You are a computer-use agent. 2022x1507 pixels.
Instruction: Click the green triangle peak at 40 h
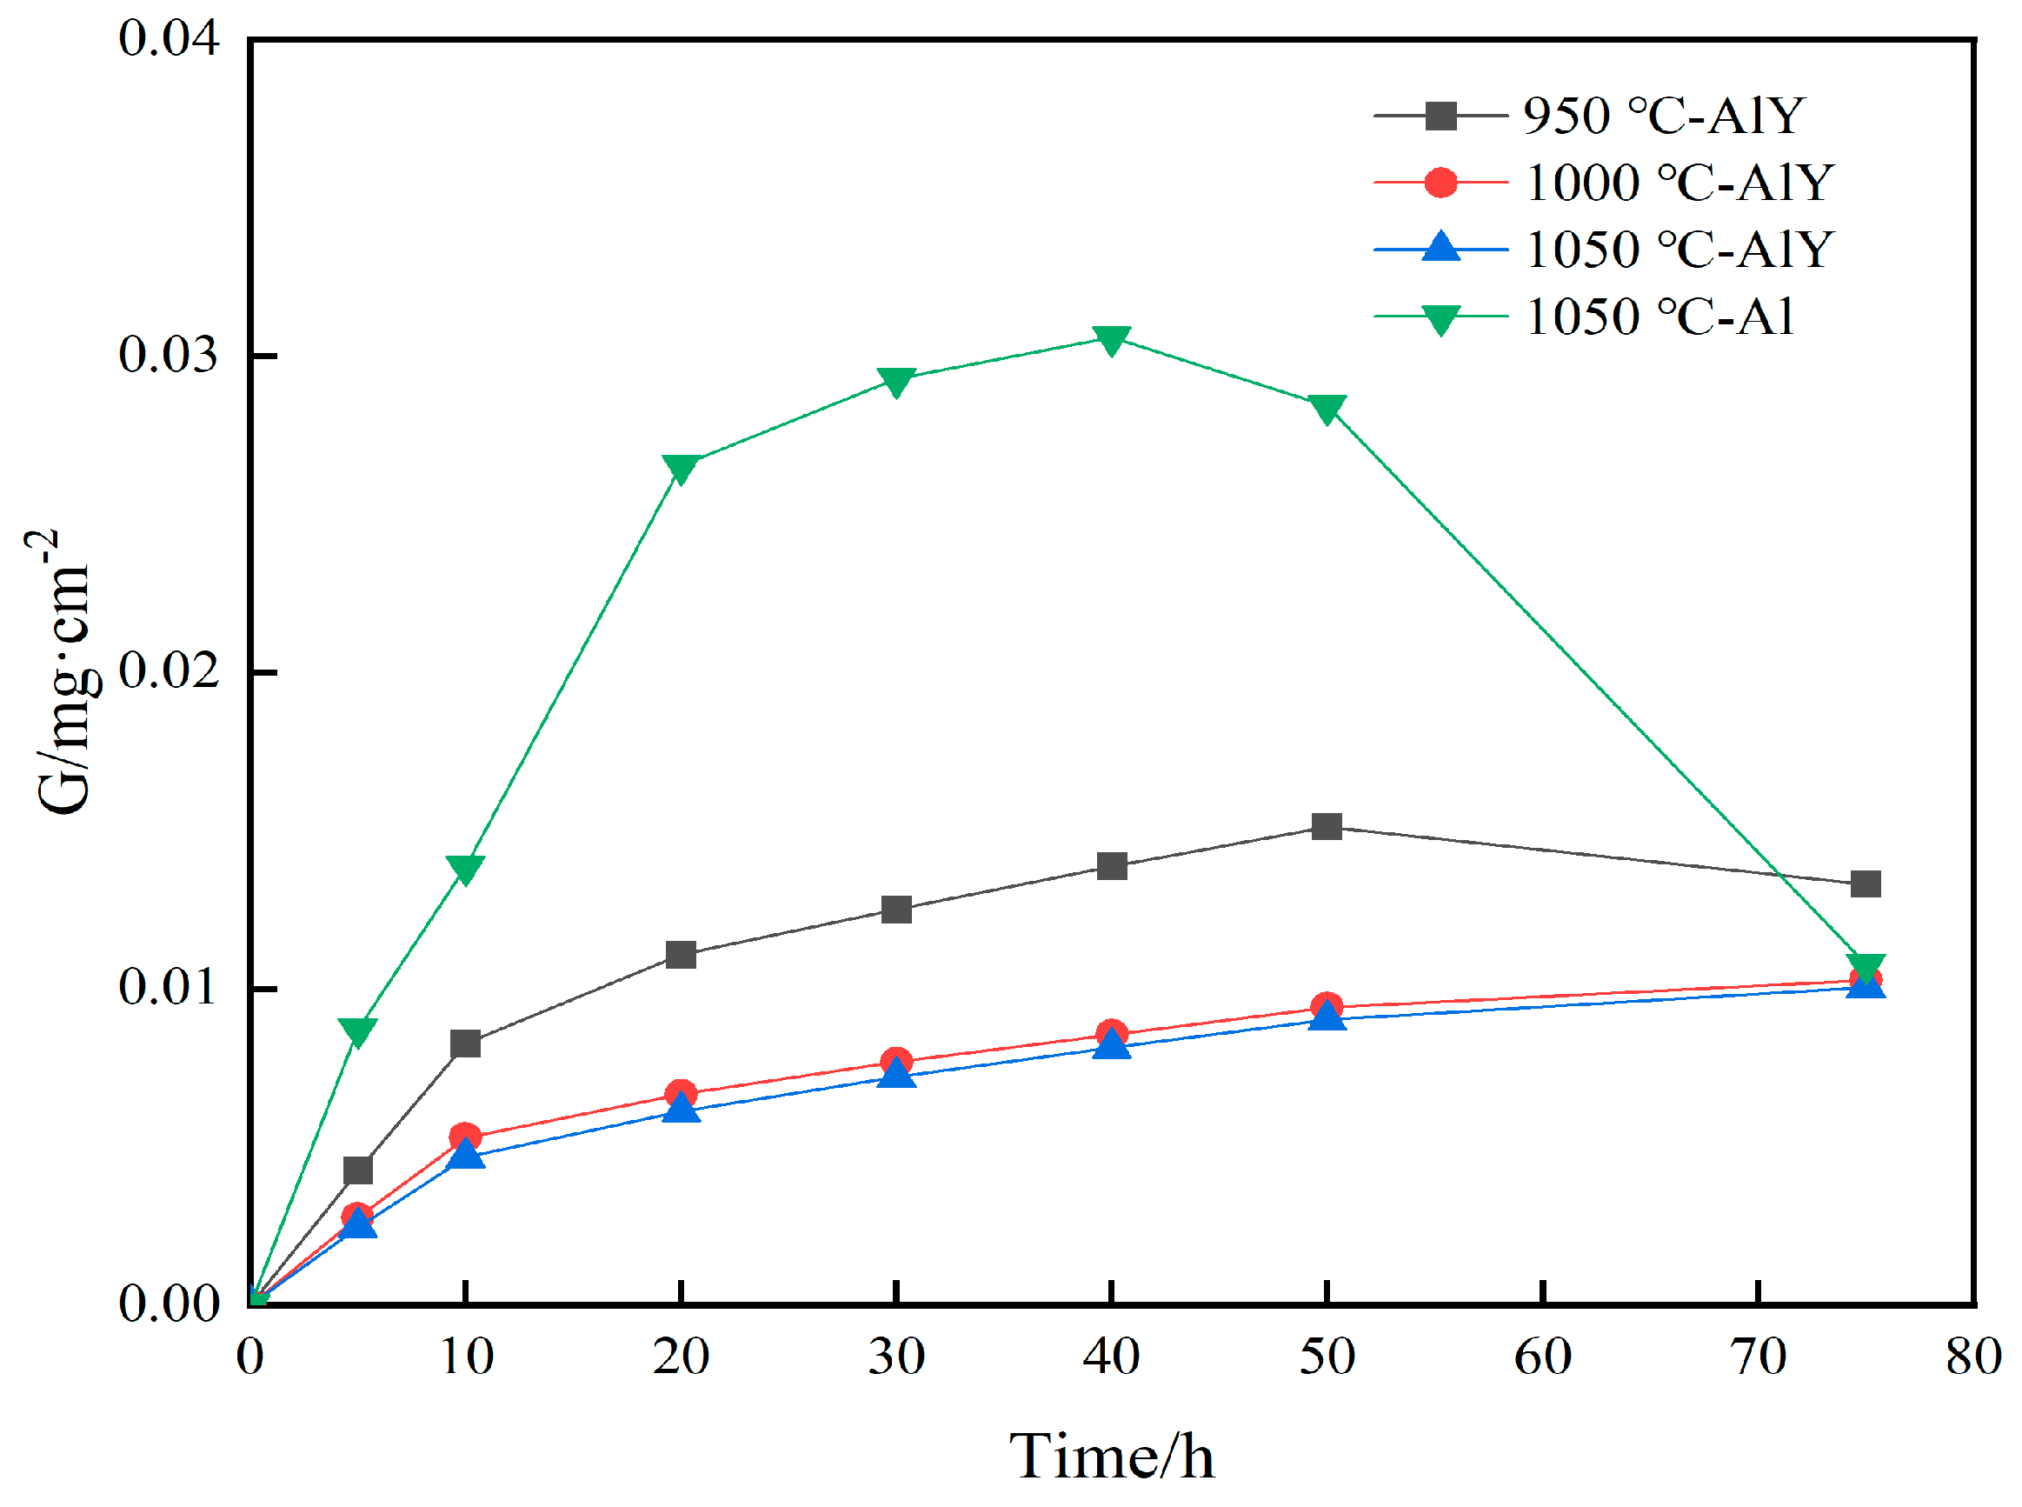pyautogui.click(x=1111, y=340)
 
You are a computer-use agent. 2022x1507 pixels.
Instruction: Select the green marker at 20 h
pyautogui.click(x=681, y=468)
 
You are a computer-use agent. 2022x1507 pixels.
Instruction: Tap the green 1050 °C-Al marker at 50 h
pyautogui.click(x=1326, y=408)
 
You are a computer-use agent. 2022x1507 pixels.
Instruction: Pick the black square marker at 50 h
pyautogui.click(x=1326, y=826)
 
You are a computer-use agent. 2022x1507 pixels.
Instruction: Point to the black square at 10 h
pyautogui.click(x=465, y=1043)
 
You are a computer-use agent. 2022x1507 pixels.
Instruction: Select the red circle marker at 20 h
pyautogui.click(x=681, y=1094)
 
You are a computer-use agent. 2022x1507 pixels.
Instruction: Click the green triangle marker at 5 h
pyautogui.click(x=357, y=1030)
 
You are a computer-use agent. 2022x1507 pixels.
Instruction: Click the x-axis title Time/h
pyautogui.click(x=1111, y=1456)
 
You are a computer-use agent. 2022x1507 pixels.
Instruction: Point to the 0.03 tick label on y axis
pyautogui.click(x=169, y=354)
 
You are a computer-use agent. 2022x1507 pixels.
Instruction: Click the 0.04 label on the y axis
pyautogui.click(x=169, y=39)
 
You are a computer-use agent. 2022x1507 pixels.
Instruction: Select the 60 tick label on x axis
pyautogui.click(x=1542, y=1357)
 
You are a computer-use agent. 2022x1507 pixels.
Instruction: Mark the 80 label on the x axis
pyautogui.click(x=1972, y=1357)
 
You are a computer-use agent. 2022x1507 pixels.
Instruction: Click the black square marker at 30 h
pyautogui.click(x=896, y=910)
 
